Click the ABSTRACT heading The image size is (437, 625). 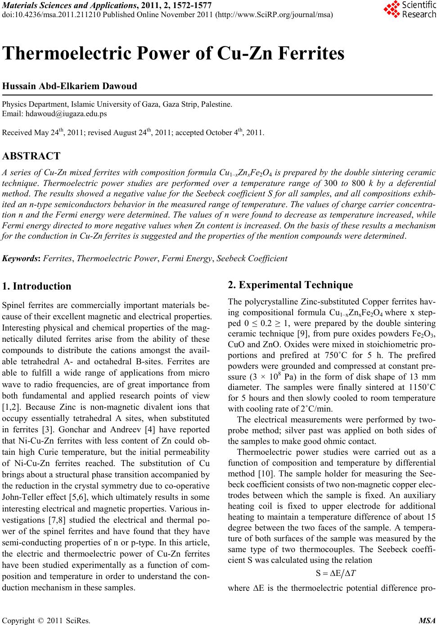[31, 156]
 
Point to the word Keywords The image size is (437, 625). [20, 259]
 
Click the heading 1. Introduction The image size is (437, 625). [36, 286]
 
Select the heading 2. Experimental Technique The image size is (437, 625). [291, 285]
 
